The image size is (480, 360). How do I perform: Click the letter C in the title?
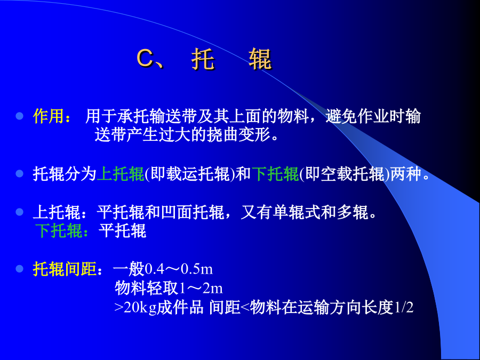click(x=145, y=58)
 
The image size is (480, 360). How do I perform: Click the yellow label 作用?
click(x=49, y=116)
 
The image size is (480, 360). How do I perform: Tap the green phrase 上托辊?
click(x=121, y=174)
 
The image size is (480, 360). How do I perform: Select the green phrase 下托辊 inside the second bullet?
click(x=275, y=174)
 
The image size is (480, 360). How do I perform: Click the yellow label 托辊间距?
click(x=65, y=269)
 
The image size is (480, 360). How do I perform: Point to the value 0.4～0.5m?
click(x=179, y=269)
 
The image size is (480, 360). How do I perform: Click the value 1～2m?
click(x=201, y=288)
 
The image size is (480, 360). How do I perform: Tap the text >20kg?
click(x=135, y=307)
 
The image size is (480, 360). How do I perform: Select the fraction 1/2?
click(x=404, y=307)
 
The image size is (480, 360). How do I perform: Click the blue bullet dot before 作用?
click(x=20, y=116)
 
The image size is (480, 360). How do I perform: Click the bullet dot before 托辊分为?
click(x=20, y=173)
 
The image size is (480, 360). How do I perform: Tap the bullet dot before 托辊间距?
click(x=20, y=269)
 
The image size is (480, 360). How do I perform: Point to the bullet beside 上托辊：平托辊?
click(x=20, y=212)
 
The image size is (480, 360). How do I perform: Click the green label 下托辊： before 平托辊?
click(x=62, y=231)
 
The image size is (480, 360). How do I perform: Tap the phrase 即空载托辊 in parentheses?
click(x=345, y=174)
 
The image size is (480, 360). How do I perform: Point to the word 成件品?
click(x=180, y=307)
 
